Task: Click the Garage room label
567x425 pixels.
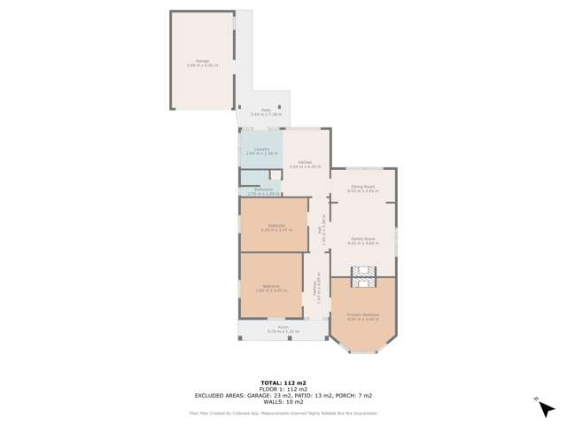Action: pos(203,62)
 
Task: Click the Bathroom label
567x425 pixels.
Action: pos(262,191)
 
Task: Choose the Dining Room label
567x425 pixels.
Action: pos(363,188)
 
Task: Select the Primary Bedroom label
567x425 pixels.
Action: pos(363,316)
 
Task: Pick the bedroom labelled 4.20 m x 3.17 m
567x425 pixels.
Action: pos(274,228)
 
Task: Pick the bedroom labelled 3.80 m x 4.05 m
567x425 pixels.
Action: pos(270,288)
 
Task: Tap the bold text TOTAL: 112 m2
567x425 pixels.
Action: pos(283,382)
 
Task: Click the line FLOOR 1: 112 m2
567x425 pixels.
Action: pos(283,389)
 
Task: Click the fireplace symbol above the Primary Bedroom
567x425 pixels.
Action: pos(363,278)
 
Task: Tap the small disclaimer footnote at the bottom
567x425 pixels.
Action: pos(283,413)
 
